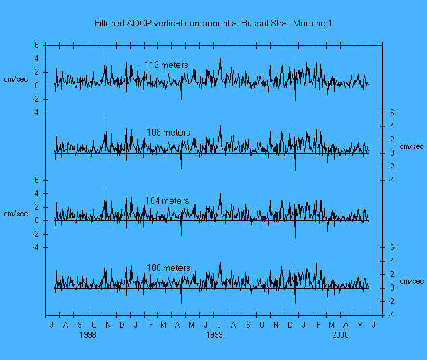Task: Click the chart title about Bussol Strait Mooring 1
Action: coord(213,24)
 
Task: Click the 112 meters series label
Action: coord(166,65)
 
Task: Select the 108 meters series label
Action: coord(168,133)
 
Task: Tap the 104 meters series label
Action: coord(167,201)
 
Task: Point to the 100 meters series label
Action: coord(168,268)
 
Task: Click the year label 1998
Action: coord(88,334)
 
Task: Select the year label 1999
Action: coord(214,334)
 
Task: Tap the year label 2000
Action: coord(341,334)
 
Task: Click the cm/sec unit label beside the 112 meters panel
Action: coord(16,79)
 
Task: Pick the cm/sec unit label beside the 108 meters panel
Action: coord(412,146)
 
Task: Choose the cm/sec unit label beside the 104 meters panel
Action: coord(16,214)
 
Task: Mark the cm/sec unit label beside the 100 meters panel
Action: coord(412,281)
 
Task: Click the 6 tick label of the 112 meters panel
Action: coord(38,45)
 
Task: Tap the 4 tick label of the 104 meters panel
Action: coord(38,193)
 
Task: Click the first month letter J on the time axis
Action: coord(52,325)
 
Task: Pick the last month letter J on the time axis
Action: coord(374,325)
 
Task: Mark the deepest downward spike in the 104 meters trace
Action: coord(295,237)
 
